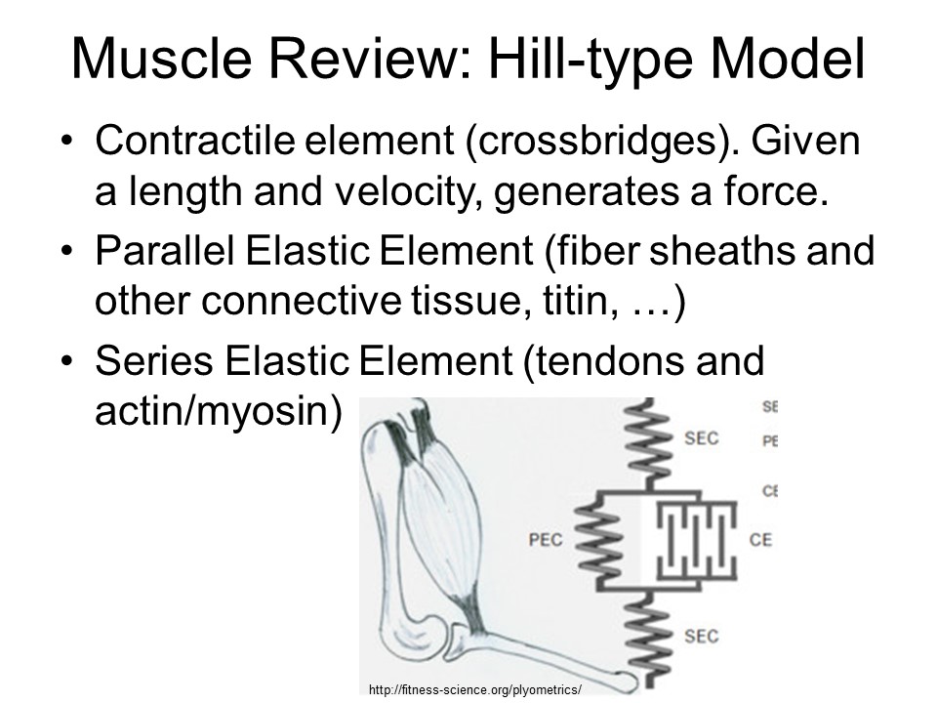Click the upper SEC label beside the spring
[701, 437]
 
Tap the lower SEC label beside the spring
[701, 636]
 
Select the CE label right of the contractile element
[760, 539]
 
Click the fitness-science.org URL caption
[475, 689]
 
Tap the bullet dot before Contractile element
[66, 144]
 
